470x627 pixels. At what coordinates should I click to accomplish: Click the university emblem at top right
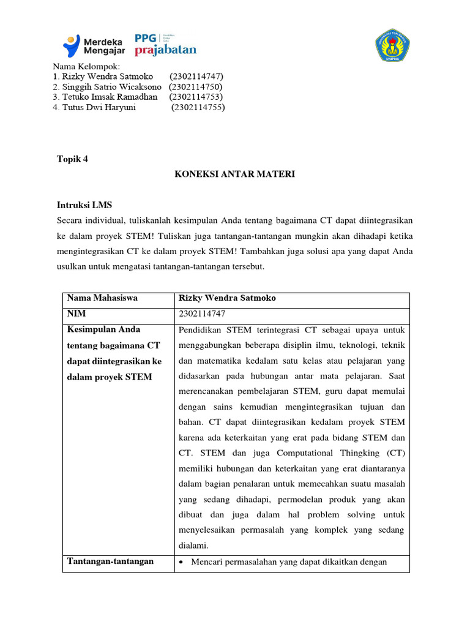pos(392,45)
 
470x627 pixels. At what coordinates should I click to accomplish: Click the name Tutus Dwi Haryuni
pos(94,107)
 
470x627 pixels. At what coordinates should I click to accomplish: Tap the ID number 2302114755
pos(198,107)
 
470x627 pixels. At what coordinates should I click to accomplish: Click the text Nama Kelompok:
pos(86,66)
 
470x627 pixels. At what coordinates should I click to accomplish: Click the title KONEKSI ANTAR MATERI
pos(235,175)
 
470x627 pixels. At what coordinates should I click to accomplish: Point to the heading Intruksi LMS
pos(84,205)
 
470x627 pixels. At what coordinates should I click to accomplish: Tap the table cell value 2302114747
pos(202,314)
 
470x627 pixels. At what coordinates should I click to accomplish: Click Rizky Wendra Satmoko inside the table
pos(227,298)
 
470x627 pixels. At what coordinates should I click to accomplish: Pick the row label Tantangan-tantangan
pos(110,561)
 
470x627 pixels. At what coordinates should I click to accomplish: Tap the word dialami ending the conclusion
pos(194,545)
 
